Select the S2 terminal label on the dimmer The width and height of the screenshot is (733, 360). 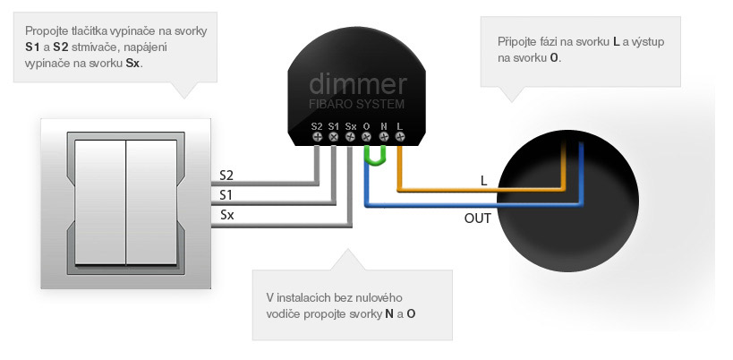click(317, 125)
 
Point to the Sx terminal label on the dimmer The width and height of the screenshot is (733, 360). click(351, 125)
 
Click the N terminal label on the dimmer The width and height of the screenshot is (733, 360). click(384, 125)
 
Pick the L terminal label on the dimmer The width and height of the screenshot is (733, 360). click(399, 125)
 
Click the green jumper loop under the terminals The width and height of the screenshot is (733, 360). click(375, 158)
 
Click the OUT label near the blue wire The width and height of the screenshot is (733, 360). click(477, 218)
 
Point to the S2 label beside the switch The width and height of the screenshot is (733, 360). click(227, 174)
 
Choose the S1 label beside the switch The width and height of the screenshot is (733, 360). click(227, 194)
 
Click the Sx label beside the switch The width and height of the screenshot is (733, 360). click(227, 215)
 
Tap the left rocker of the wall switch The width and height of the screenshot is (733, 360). click(99, 203)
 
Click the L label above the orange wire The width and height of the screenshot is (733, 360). click(483, 180)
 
